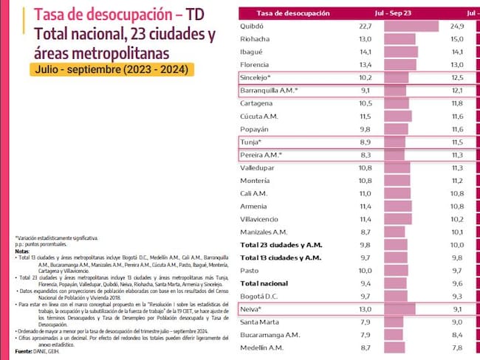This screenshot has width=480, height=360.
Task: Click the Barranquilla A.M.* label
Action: click(x=269, y=90)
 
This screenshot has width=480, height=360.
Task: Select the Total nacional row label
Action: click(x=267, y=283)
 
